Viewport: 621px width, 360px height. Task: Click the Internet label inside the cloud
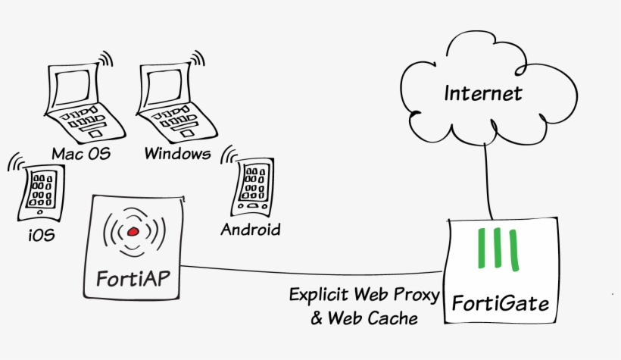click(482, 94)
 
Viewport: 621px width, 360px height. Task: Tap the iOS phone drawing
click(40, 189)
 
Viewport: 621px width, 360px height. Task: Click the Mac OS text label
click(80, 154)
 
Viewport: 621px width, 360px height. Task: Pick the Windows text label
click(176, 154)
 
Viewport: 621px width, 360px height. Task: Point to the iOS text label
click(42, 235)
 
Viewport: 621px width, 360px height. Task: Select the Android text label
click(250, 229)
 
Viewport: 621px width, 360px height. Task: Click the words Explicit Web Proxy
click(364, 294)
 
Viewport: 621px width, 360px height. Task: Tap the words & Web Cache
click(364, 318)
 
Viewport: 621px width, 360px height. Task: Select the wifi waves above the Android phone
click(228, 155)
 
